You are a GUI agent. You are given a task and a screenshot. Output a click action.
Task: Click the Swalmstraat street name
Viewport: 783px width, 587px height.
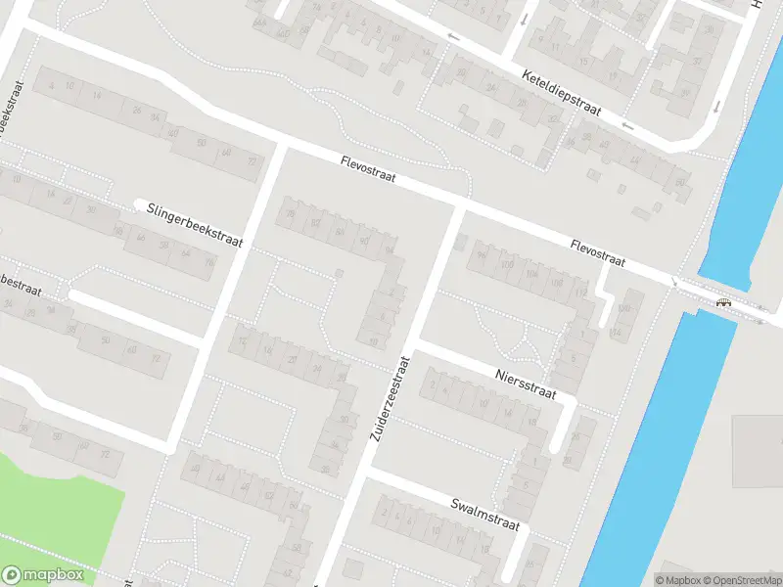click(484, 513)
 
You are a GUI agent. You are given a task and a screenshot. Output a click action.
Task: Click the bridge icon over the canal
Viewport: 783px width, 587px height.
click(723, 302)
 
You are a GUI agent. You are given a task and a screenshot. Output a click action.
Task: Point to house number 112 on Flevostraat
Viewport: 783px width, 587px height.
click(580, 292)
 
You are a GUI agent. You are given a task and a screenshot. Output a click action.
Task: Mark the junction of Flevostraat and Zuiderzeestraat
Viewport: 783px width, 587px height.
click(460, 207)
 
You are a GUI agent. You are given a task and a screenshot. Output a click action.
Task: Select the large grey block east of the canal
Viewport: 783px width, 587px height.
click(758, 450)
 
